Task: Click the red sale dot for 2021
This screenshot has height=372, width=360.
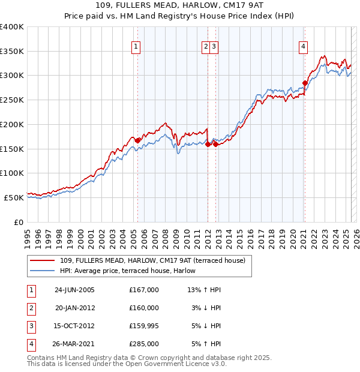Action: tap(305, 83)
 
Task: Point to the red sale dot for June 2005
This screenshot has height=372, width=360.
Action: tap(137, 140)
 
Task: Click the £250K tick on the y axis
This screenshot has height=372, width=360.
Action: tap(12, 100)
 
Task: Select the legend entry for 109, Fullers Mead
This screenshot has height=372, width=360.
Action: tap(157, 260)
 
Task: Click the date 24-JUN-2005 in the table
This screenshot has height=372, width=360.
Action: tap(74, 290)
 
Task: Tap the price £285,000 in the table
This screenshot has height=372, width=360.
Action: tap(144, 344)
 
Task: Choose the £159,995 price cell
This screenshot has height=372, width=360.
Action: tap(144, 326)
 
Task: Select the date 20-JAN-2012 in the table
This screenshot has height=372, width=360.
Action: tap(74, 308)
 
